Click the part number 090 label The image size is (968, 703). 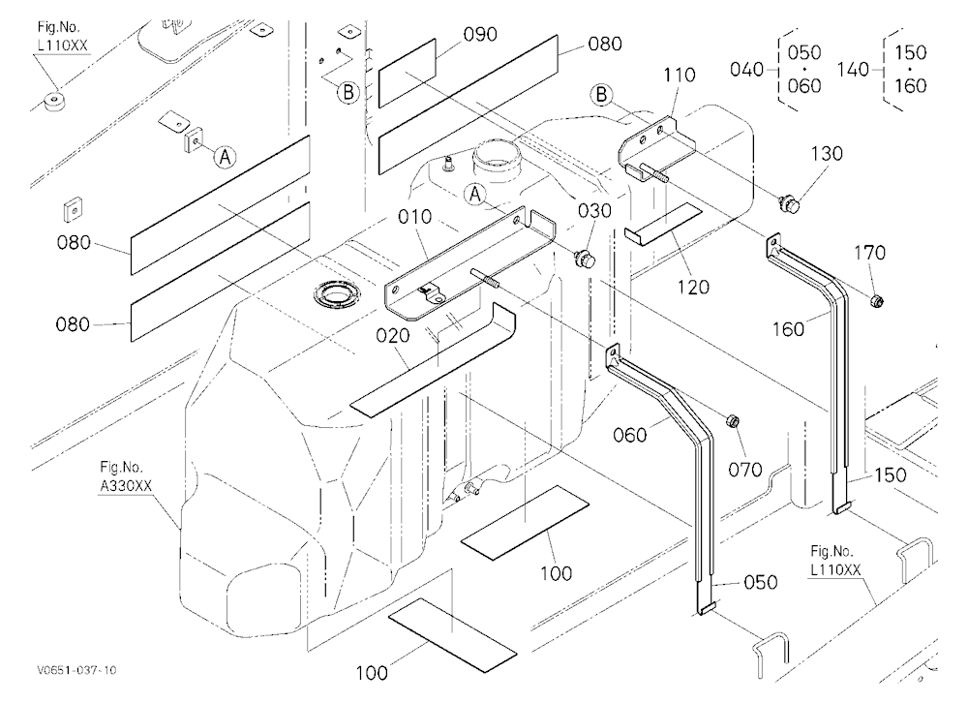pos(480,34)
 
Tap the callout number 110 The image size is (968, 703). pos(680,76)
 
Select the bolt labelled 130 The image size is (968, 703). pos(789,202)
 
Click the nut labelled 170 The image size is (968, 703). pos(876,301)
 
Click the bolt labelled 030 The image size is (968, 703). pos(585,259)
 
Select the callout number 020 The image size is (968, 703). pos(393,335)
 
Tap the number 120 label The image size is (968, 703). pos(693,288)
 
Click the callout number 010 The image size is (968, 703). pos(415,218)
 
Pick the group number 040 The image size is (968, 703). pos(747,69)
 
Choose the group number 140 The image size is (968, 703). pos(854,69)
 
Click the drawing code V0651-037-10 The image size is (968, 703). pos(76,670)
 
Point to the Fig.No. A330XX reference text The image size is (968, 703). pos(125,477)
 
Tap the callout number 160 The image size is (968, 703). pos(788,329)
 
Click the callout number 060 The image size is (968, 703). pos(630,436)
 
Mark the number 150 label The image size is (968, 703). pos(890,475)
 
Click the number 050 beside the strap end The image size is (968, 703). pos(760,583)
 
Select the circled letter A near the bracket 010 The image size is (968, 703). pos(474,195)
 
